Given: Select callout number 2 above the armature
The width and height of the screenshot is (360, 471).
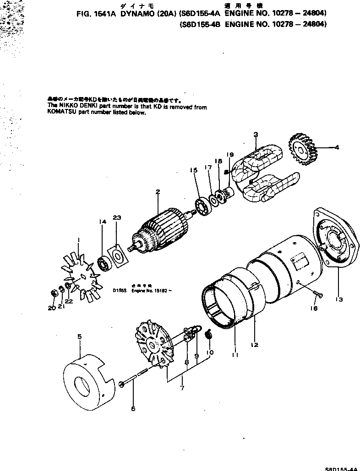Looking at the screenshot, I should [x=157, y=192].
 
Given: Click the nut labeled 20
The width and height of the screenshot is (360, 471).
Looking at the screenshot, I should [x=53, y=292].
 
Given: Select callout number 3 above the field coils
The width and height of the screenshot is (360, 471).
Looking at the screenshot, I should [x=256, y=134].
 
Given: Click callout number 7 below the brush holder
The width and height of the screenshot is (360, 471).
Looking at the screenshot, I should [x=182, y=389].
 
